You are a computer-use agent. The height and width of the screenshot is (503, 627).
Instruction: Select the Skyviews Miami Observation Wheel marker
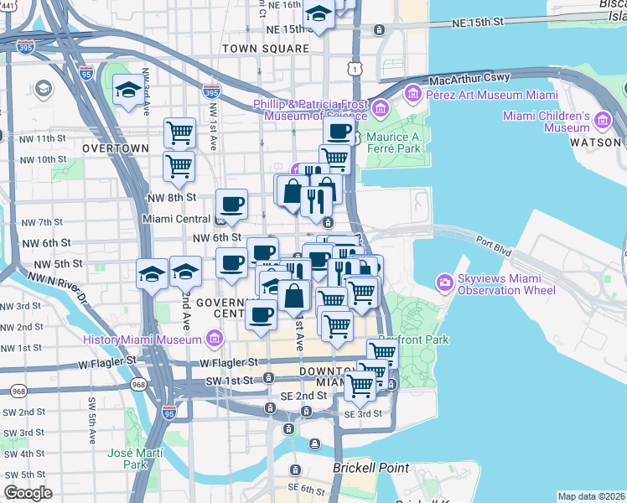coord(444,283)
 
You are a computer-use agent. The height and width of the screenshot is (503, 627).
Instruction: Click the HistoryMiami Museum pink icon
coord(214,339)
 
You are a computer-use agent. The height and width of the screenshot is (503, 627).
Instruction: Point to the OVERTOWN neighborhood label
coord(116,148)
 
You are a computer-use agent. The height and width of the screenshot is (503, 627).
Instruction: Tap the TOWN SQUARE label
coord(266,49)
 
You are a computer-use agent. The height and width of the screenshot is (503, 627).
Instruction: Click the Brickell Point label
coord(370,468)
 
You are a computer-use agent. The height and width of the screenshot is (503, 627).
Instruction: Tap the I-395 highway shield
coord(25,47)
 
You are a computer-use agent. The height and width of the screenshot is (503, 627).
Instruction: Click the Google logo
coord(28,493)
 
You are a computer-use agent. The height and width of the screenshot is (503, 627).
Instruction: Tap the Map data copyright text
coord(592,496)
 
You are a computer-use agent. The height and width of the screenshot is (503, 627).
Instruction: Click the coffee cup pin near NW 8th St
coord(231,204)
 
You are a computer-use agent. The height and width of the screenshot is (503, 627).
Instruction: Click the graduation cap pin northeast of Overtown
coord(127,90)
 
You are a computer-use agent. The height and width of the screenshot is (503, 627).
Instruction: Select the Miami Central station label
coord(174,219)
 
